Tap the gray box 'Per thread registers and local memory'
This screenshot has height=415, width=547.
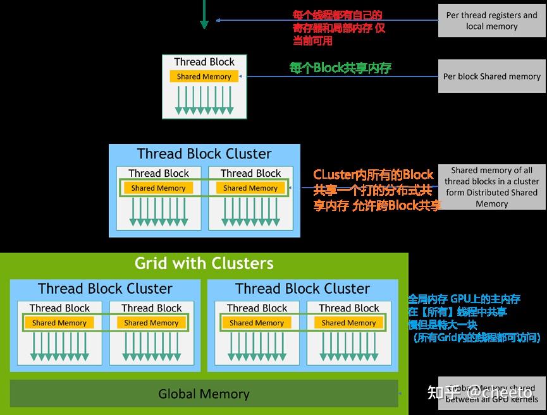(x=491, y=20)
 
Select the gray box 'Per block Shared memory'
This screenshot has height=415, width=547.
(x=491, y=76)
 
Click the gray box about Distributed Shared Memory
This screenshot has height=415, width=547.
(x=491, y=187)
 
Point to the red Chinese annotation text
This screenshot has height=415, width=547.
(x=338, y=28)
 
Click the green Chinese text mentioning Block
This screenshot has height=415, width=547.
(x=340, y=68)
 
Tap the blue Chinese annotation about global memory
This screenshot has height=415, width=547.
(x=473, y=318)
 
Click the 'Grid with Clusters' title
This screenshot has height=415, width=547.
(x=204, y=263)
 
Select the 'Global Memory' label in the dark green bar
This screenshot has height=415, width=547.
(x=204, y=394)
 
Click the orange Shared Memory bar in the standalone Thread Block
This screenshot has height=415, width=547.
(x=204, y=76)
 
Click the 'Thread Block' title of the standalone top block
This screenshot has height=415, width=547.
(x=204, y=62)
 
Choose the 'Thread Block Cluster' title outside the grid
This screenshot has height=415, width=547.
(x=204, y=154)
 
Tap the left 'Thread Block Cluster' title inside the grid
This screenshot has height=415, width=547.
(x=105, y=289)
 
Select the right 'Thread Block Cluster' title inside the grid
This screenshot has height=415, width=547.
(x=302, y=289)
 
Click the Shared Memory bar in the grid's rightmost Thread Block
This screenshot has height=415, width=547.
(x=349, y=323)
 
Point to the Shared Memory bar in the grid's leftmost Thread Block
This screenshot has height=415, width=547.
(x=59, y=323)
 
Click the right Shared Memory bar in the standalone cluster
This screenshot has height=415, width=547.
(x=250, y=188)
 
